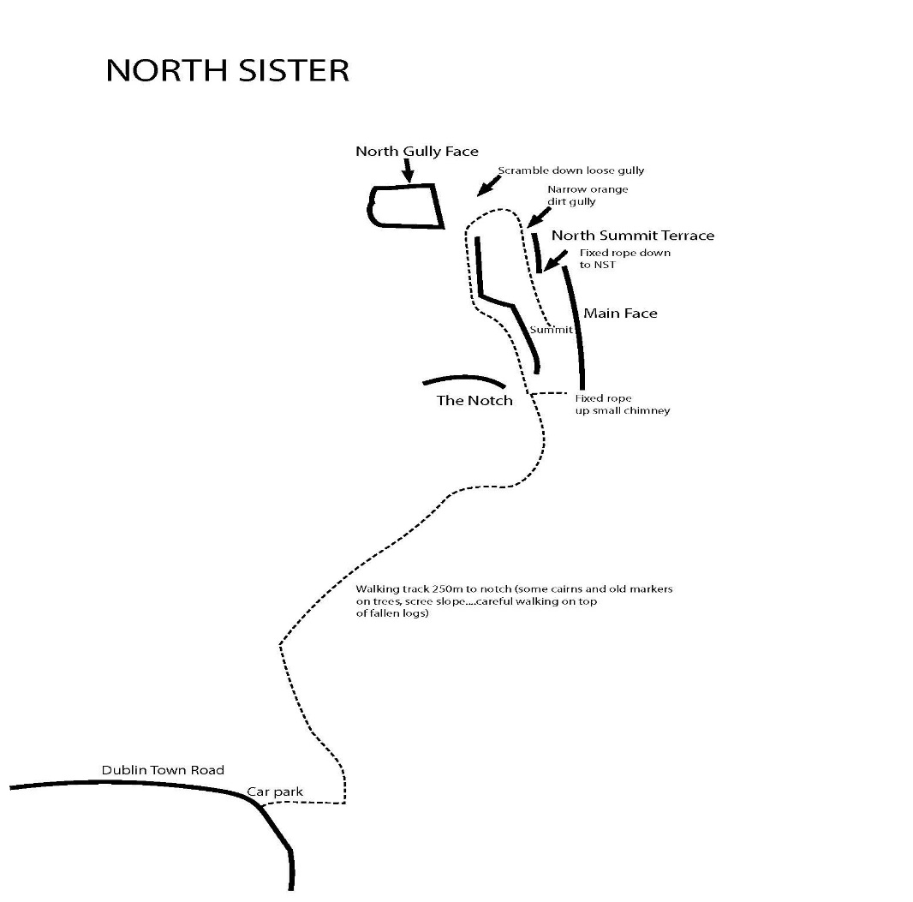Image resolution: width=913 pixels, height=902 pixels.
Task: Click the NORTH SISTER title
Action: [x=227, y=70]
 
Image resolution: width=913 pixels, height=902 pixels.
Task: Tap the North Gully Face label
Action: [x=416, y=152]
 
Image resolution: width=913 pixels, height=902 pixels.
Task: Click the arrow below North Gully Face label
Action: [x=409, y=170]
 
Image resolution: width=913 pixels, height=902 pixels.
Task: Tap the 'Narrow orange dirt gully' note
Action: [x=588, y=195]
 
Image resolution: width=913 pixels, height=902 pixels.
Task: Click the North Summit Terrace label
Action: [x=632, y=236]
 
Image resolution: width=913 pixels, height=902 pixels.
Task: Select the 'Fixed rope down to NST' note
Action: [x=624, y=259]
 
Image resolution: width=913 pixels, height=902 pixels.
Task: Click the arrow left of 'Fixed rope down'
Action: [x=556, y=260]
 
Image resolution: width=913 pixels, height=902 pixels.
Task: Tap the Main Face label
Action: [x=620, y=314]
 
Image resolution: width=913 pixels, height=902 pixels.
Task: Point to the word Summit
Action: [x=550, y=330]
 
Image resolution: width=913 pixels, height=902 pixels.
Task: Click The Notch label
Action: [x=474, y=401]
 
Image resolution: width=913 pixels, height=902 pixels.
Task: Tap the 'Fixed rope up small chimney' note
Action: [x=622, y=404]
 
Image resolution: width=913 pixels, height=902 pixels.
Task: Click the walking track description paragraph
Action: [x=514, y=601]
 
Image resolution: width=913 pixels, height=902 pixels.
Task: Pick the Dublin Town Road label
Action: [x=163, y=770]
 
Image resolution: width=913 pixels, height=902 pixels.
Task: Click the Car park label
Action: [x=275, y=792]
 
